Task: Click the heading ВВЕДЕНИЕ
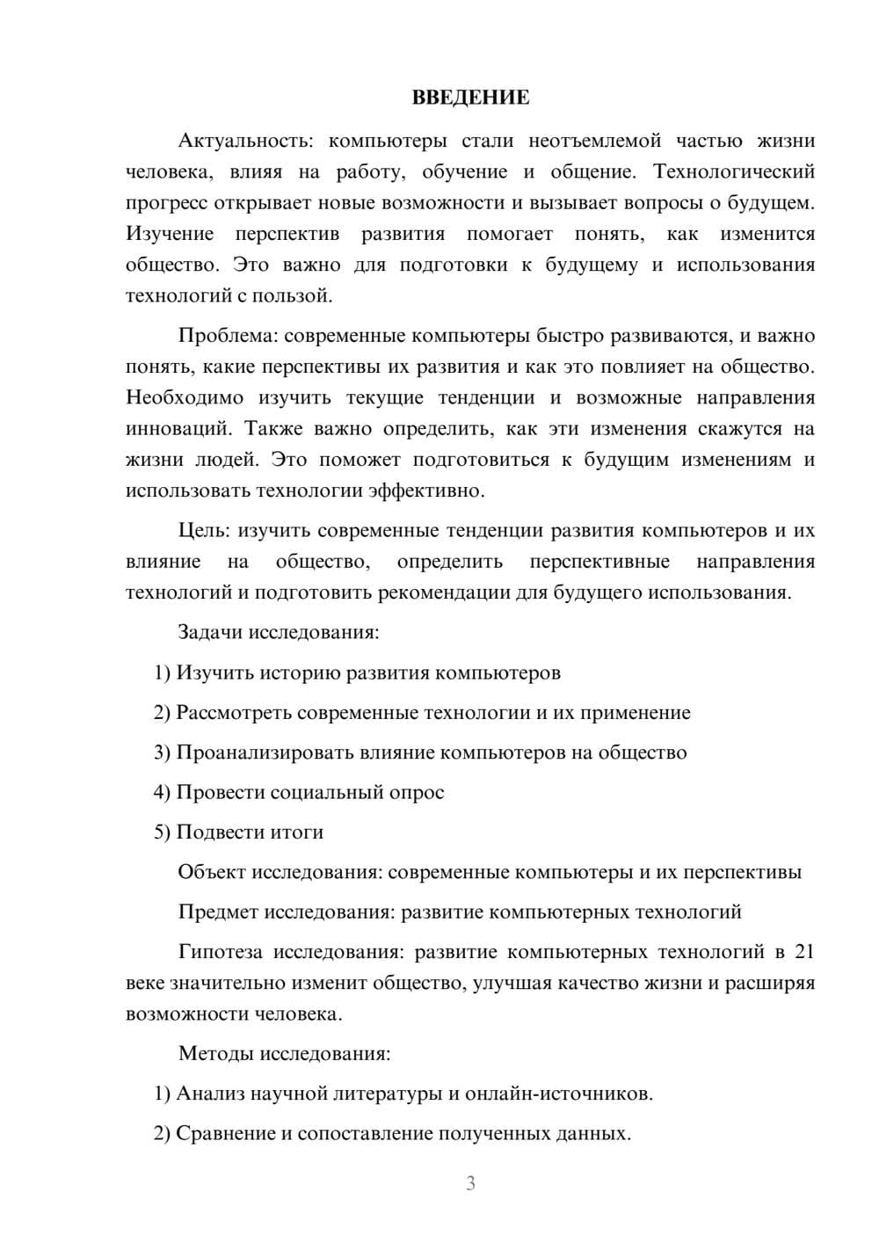[x=470, y=98]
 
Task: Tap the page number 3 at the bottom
[x=470, y=1183]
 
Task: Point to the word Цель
[x=204, y=531]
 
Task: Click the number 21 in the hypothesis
[x=803, y=952]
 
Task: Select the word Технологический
[x=734, y=171]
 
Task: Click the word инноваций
[x=178, y=429]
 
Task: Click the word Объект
[x=212, y=873]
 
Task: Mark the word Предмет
[x=218, y=912]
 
